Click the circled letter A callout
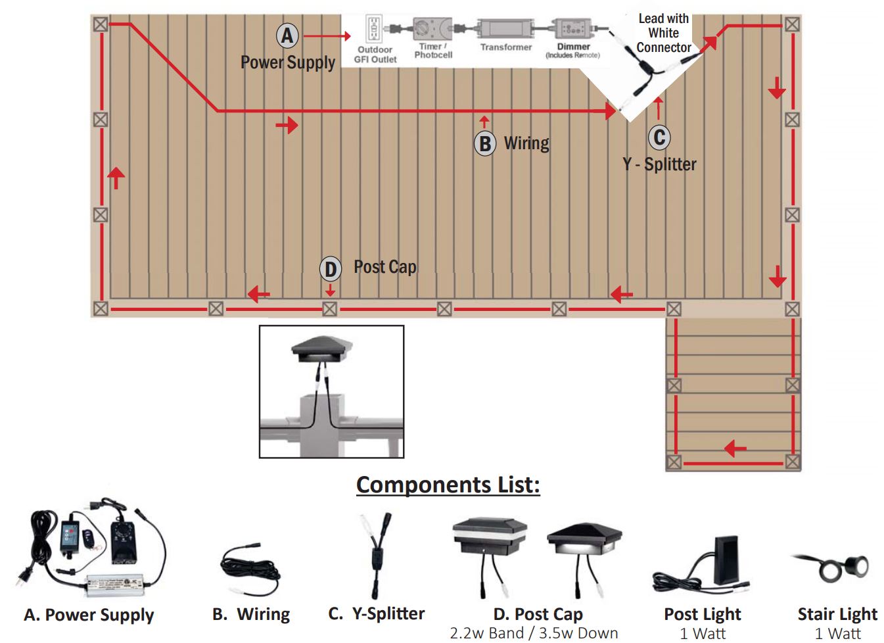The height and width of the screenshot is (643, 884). (287, 36)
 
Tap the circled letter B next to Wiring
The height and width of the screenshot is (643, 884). (485, 143)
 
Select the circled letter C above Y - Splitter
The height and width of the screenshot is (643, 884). (659, 137)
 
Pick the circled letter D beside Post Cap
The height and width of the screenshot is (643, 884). (330, 268)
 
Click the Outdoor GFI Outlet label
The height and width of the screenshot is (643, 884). (375, 55)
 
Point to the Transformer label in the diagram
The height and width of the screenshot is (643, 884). (505, 47)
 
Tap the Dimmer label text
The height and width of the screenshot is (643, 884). (573, 47)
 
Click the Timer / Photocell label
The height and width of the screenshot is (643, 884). (433, 51)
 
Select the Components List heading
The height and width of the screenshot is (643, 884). (448, 485)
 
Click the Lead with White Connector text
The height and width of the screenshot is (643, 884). (663, 33)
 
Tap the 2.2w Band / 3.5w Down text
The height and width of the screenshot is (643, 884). (534, 633)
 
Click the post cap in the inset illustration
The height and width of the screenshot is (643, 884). (322, 348)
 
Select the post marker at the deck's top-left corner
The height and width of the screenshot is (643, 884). (100, 24)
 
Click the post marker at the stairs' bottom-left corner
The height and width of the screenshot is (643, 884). (674, 462)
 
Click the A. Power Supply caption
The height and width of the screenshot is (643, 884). (89, 615)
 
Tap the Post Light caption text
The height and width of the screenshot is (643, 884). (702, 614)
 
